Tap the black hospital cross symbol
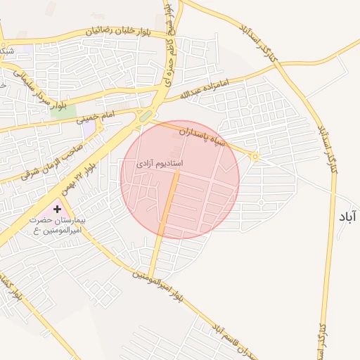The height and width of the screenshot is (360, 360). tap(57, 210)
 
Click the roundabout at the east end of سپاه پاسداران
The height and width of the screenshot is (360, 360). tap(255, 157)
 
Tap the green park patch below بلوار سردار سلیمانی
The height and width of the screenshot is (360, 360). tap(63, 111)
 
